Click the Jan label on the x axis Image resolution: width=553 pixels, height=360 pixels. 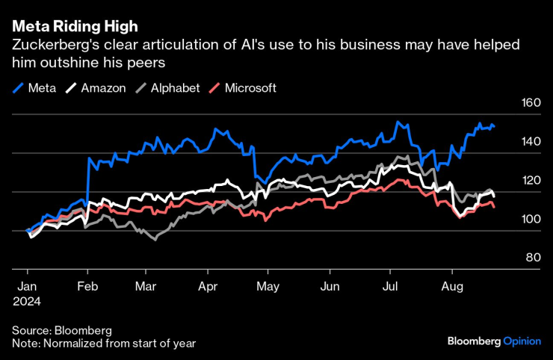[27, 286]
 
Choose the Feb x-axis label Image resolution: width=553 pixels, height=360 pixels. [88, 286]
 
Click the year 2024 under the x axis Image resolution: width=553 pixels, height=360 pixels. [28, 301]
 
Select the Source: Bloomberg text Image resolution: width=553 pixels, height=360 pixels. [61, 329]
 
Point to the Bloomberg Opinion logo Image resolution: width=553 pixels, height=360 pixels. [493, 341]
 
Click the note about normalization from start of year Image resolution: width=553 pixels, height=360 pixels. [104, 343]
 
